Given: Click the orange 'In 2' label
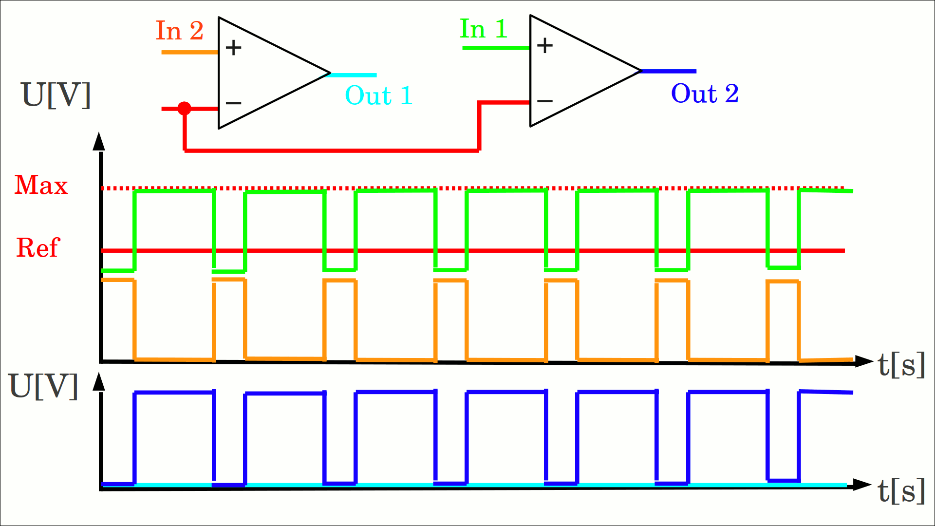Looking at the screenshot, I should [x=179, y=31].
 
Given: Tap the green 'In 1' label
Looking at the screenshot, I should [x=484, y=29].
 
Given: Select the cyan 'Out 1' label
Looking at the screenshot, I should [x=378, y=95].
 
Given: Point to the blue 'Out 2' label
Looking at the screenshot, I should [x=704, y=93].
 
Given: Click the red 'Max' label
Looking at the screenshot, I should [x=41, y=185].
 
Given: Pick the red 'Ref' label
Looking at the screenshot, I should [x=38, y=247].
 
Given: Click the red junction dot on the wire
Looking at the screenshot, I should [x=184, y=108].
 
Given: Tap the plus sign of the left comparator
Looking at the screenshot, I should [x=233, y=48].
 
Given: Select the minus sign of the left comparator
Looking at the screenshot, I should [x=233, y=103].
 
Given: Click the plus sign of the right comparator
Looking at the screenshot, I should [x=545, y=46].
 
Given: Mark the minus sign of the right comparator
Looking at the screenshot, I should [x=544, y=101].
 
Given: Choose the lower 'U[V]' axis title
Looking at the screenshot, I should [x=44, y=386].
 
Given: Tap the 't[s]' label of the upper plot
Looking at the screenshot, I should [x=901, y=364].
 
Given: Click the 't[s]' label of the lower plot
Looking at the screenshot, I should [x=901, y=490].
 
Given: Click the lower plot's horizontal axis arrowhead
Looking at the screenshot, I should [x=862, y=485].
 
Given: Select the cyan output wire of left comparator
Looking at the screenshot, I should [x=353, y=75].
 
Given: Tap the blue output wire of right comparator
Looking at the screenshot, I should [x=669, y=71].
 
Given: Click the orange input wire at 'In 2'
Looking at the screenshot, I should [x=189, y=52].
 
